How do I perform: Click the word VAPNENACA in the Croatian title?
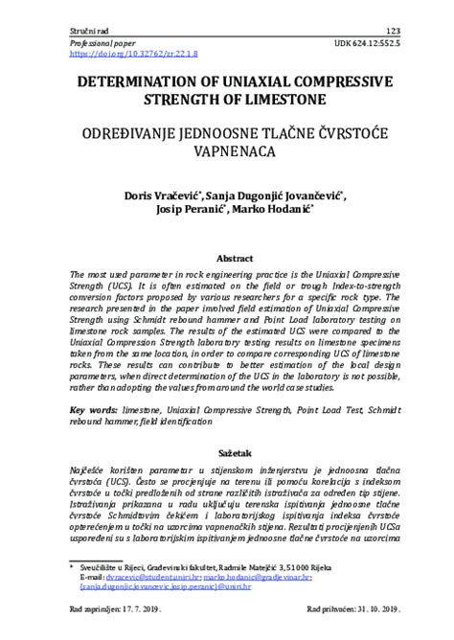(227, 150)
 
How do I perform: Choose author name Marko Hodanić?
(273, 212)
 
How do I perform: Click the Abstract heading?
(234, 258)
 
